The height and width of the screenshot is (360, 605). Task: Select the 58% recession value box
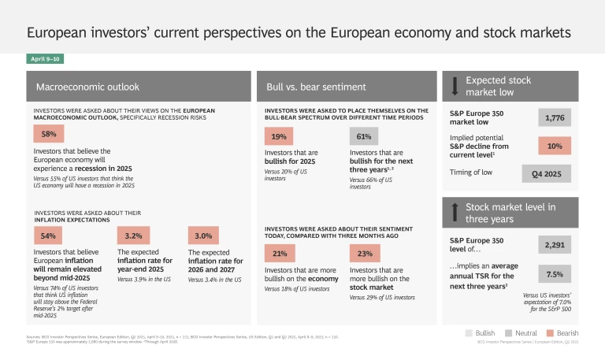point(48,135)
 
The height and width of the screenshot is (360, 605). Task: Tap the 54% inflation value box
point(49,236)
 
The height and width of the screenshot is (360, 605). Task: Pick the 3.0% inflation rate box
point(203,236)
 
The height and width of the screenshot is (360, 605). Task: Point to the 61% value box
point(363,136)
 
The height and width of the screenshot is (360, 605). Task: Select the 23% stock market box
point(363,254)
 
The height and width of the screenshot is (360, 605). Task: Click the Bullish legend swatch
point(470,333)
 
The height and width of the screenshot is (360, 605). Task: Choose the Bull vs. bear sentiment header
point(347,85)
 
